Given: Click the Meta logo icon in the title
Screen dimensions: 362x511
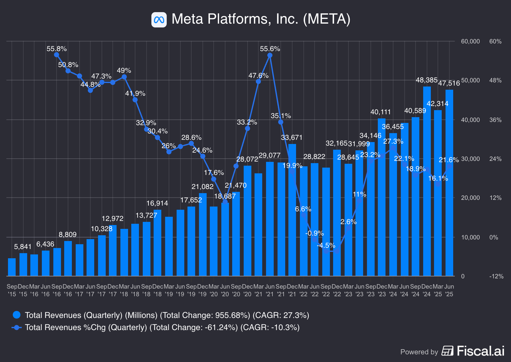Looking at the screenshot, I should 159,20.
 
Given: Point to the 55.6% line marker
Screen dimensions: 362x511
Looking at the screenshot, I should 270,55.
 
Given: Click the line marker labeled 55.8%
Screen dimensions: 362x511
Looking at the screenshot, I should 57,55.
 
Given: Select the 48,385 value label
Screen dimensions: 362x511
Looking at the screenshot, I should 426,80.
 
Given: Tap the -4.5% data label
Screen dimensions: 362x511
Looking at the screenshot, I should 326,245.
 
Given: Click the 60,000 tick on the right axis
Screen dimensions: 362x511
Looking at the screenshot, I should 470,41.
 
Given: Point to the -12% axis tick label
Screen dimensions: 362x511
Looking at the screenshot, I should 496,276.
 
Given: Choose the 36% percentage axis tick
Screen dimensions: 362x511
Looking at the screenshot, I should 495,120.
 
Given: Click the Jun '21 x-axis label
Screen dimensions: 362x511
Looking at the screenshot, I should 270,290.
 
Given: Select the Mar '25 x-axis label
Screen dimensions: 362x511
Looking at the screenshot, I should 438,290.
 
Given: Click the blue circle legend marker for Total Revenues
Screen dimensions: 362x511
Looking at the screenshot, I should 17,315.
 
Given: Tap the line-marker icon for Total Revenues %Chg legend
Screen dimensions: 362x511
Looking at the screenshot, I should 17,327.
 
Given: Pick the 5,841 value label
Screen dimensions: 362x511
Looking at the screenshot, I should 23,246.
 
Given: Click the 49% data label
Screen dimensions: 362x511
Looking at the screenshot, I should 124,70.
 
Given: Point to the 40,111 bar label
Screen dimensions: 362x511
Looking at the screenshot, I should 380,112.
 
